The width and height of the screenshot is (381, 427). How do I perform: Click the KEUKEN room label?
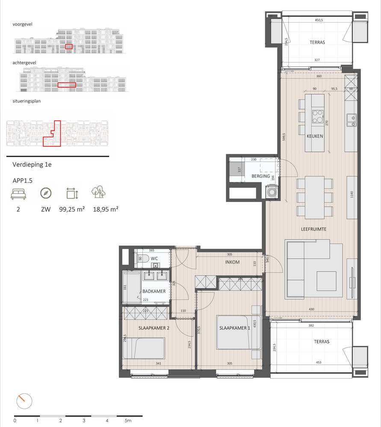314,136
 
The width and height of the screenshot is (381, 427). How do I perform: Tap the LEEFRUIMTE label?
314,229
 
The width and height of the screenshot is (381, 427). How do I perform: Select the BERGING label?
260,176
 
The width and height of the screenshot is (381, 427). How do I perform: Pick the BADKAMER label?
154,291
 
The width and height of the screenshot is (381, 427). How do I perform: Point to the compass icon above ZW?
46,193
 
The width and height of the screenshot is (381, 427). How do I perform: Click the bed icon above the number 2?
18,194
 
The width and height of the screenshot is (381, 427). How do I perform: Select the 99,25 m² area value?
71,210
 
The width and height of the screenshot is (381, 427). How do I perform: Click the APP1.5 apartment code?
23,180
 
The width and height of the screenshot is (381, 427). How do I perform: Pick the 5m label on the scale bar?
128,421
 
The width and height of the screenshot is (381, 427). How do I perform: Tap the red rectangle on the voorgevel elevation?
68,46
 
